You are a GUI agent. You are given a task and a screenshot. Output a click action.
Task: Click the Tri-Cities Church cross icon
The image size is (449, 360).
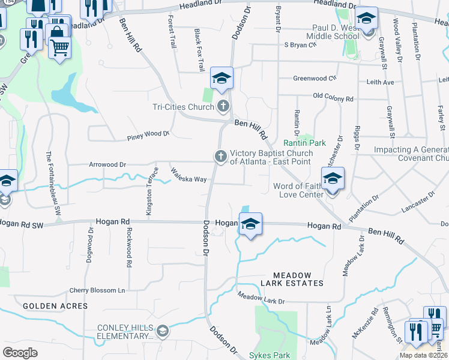pyautogui.click(x=223, y=107)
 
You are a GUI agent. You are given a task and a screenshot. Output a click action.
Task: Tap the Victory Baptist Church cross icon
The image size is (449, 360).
pyautogui.click(x=220, y=157)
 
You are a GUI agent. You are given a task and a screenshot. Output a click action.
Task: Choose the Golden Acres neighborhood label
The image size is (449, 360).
pyautogui.click(x=55, y=306)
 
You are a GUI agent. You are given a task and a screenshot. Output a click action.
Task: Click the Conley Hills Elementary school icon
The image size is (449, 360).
pyautogui.click(x=162, y=331)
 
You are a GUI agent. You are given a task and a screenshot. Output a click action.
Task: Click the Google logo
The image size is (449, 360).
pyautogui.click(x=20, y=352)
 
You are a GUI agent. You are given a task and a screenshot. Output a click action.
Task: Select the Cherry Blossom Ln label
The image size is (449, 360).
pyautogui.click(x=97, y=290)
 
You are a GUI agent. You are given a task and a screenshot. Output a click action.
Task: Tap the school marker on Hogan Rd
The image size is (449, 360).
pyautogui.click(x=250, y=224)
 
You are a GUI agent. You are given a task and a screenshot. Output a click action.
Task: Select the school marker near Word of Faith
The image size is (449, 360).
pyautogui.click(x=333, y=178)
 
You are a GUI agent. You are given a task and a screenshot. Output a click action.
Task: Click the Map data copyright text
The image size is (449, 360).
pyautogui.click(x=423, y=355)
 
